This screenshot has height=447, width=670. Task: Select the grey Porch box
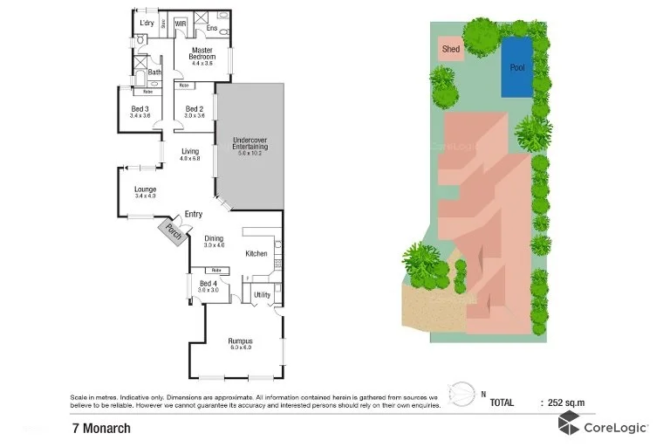pyautogui.click(x=169, y=231)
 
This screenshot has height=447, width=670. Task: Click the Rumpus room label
pyautogui.click(x=240, y=343)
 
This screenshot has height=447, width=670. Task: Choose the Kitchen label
pyautogui.click(x=256, y=253)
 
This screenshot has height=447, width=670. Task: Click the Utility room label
pyautogui.click(x=262, y=295)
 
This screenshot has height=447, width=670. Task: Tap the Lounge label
pyautogui.click(x=145, y=191)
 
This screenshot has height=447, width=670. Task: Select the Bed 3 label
pyautogui.click(x=140, y=111)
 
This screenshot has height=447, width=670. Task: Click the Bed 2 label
pyautogui.click(x=195, y=111)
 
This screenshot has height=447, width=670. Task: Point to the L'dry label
pyautogui.click(x=147, y=24)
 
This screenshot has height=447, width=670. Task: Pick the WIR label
pyautogui.click(x=181, y=24)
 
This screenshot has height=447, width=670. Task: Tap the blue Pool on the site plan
pyautogui.click(x=516, y=66)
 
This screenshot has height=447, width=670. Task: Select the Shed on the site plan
pyautogui.click(x=451, y=50)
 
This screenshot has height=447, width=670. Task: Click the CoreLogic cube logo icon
pyautogui.click(x=570, y=426)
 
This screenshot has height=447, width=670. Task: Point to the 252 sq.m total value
pyautogui.click(x=566, y=402)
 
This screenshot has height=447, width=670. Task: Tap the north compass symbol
pyautogui.click(x=462, y=392)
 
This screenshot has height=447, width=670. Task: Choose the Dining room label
pyautogui.click(x=214, y=241)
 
